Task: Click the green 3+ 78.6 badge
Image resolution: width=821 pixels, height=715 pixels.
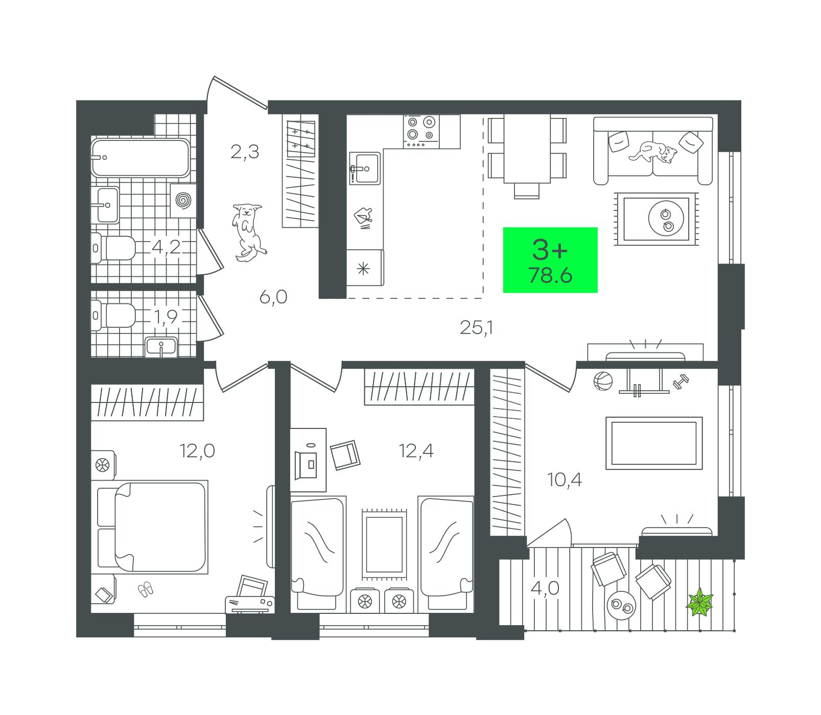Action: (550, 260)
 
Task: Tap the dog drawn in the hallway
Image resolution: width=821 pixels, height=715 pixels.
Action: (248, 232)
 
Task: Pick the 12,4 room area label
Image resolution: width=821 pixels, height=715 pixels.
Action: (417, 451)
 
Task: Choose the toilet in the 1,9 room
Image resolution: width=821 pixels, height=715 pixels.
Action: (115, 316)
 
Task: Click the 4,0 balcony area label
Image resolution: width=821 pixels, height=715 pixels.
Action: (545, 588)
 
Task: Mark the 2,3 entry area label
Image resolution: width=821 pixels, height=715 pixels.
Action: (245, 152)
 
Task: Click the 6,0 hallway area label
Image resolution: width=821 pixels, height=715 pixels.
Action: (273, 297)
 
